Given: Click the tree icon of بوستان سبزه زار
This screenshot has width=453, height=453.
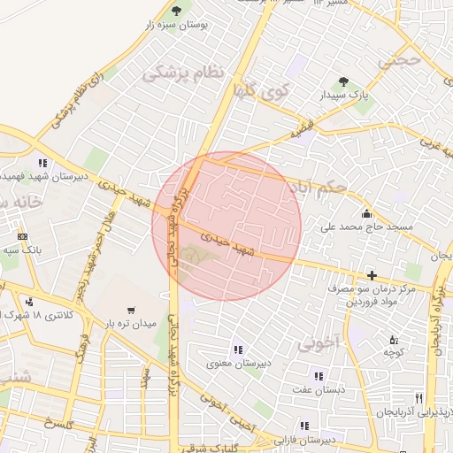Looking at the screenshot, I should click(x=176, y=11).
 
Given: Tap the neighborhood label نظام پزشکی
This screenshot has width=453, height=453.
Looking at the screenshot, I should click(x=183, y=75).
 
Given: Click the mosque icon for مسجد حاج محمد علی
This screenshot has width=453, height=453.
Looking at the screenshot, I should click(x=366, y=212).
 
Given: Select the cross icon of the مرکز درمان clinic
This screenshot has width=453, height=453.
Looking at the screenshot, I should click(x=372, y=276).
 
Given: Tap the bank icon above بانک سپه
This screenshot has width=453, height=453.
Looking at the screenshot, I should click(x=22, y=237).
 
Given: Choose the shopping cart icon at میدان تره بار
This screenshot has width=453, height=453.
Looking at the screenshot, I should click(x=131, y=310).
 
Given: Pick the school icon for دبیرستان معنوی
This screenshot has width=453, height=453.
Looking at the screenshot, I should click(x=236, y=349).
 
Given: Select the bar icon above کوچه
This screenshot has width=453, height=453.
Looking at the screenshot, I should click(x=394, y=339).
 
